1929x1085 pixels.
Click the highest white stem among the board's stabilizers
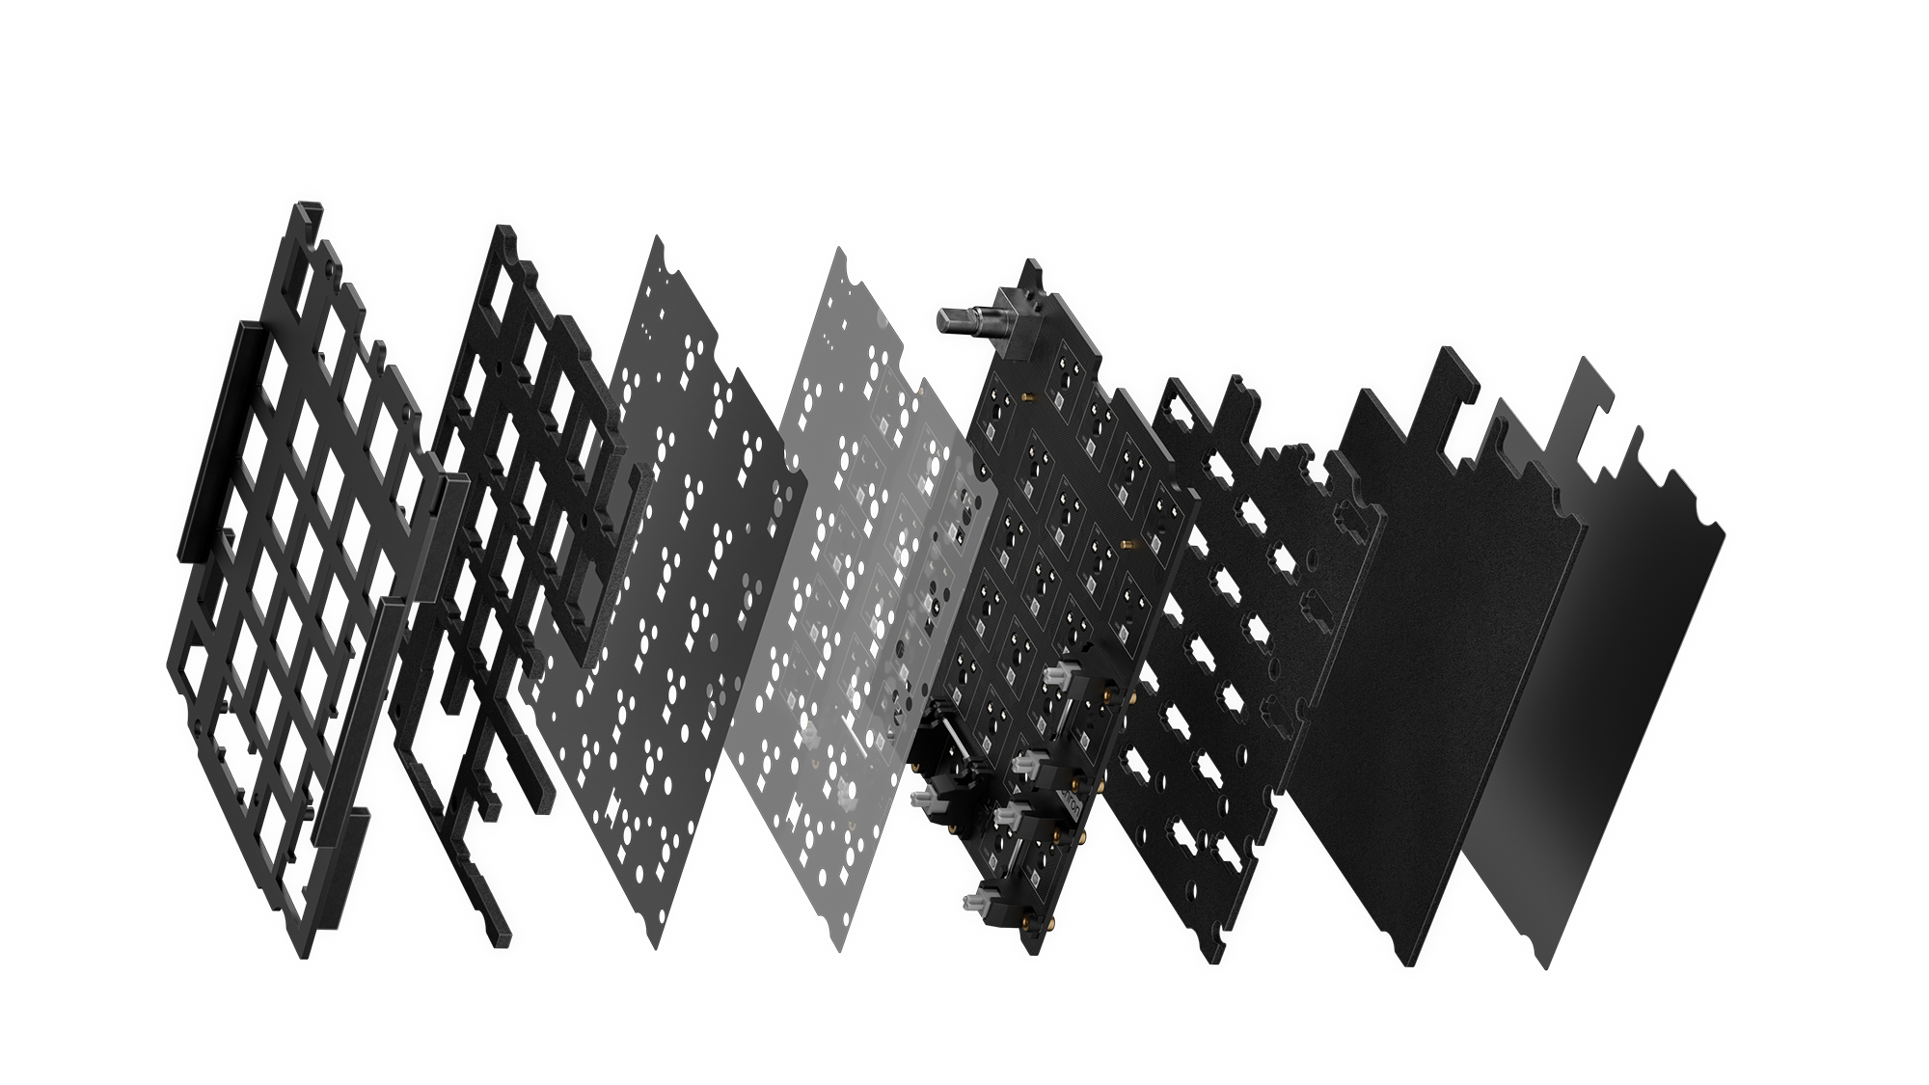coord(1058,673)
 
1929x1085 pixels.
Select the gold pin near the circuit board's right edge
coord(1126,547)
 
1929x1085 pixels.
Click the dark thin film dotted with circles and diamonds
coord(675,579)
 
